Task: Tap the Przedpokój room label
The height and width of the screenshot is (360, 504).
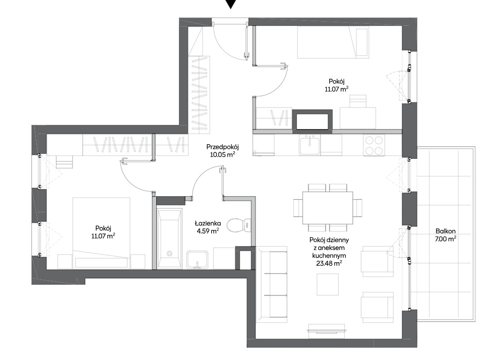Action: (x=222, y=147)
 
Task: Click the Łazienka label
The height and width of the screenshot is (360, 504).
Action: (x=208, y=223)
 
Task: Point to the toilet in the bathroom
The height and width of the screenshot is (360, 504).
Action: (x=239, y=225)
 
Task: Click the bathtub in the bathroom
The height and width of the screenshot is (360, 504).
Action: (x=169, y=238)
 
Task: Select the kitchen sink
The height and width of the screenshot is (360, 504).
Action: (x=310, y=145)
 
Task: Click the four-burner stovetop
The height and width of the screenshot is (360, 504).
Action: (x=374, y=145)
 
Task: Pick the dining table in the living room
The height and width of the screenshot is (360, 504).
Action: (x=328, y=208)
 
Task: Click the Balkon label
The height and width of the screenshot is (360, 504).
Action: (x=446, y=231)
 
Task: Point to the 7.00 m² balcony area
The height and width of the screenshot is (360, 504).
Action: (x=446, y=239)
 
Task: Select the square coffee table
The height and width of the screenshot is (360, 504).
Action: (x=328, y=284)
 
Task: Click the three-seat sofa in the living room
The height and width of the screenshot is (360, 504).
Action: (x=272, y=285)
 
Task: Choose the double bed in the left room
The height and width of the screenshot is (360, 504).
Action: (x=102, y=233)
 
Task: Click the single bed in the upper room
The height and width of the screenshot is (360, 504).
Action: (x=333, y=42)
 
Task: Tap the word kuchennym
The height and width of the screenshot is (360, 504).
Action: (x=329, y=256)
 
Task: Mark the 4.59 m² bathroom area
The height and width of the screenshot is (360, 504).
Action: (x=208, y=230)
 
